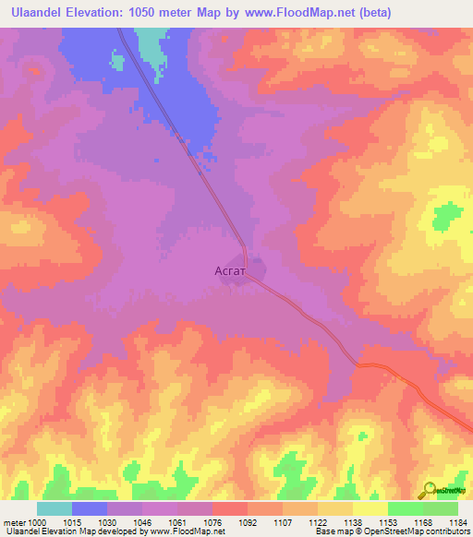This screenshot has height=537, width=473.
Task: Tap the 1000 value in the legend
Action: (37, 522)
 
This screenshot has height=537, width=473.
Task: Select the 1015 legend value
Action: (72, 522)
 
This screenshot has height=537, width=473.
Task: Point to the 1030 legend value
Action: (107, 522)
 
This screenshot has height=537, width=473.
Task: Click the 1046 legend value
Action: (142, 522)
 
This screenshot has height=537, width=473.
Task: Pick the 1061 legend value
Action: (177, 522)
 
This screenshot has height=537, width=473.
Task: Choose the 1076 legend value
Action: (212, 522)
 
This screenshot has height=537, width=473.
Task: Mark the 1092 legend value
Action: (248, 522)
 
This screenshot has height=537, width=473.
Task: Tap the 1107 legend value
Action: (283, 522)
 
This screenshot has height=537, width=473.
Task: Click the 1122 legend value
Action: (318, 522)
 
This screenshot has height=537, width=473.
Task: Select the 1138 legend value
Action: (353, 522)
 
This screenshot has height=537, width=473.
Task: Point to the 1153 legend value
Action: (388, 522)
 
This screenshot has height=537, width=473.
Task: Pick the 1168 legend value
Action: (423, 522)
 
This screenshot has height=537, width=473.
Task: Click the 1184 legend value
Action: (456, 522)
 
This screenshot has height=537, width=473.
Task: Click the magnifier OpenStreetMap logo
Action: (430, 490)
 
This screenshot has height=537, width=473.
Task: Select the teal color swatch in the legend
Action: (55, 508)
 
